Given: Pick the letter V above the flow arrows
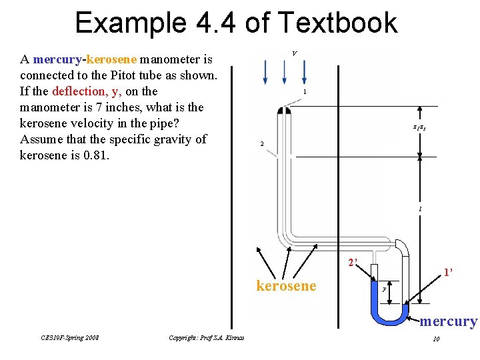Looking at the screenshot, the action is pos(295,53).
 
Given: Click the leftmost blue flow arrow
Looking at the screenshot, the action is pos(266,72).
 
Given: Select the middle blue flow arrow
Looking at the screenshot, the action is pos(285,72).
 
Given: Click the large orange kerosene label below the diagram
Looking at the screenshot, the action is pos(286,286).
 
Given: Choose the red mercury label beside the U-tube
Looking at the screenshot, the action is pos(449,321).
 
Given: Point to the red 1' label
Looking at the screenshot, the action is pos(449,272).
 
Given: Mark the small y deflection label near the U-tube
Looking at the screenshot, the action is pos(385,289).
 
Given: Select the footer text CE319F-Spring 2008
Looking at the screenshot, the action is pos(70,338).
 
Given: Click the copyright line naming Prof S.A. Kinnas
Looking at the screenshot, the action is pos(207,338).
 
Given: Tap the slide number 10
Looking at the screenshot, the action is pos(435,339).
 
